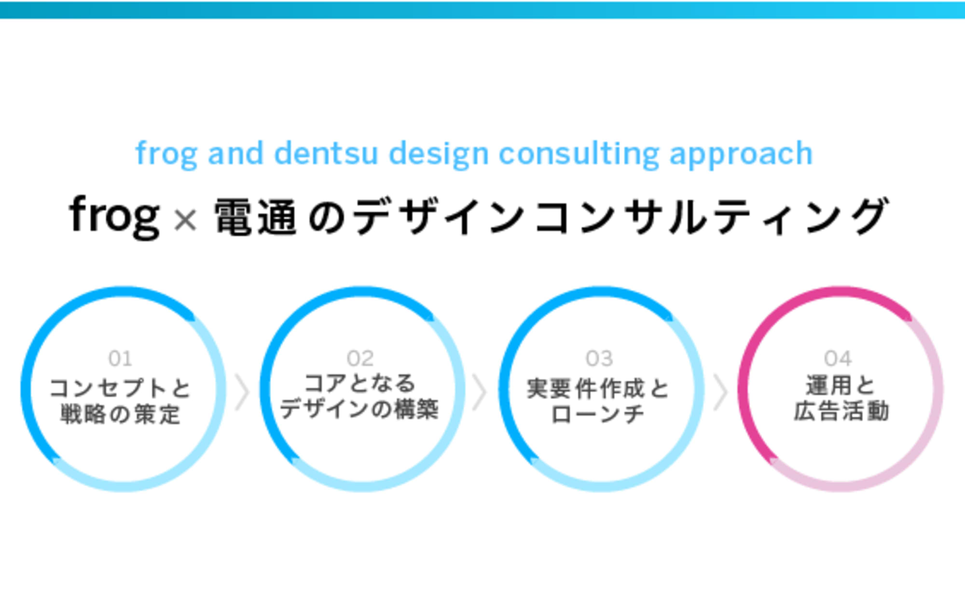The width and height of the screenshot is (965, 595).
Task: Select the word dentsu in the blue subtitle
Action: tap(326, 153)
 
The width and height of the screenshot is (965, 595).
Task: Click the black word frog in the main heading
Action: tap(114, 216)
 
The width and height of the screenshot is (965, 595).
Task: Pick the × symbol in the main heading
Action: tap(185, 220)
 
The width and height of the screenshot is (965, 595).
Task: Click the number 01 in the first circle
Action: tap(120, 358)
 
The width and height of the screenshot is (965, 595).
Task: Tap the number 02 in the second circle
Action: tap(360, 358)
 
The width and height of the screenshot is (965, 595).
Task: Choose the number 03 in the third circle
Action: tap(599, 358)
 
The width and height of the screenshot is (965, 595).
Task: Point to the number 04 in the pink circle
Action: tap(838, 358)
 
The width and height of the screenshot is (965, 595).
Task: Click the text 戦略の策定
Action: tap(120, 414)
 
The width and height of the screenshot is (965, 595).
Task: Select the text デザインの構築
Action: tap(359, 409)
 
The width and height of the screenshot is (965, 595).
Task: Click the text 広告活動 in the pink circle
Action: tap(841, 411)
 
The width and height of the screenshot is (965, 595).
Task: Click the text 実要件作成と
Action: tap(598, 389)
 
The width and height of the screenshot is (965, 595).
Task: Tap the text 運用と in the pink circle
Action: tap(840, 386)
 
